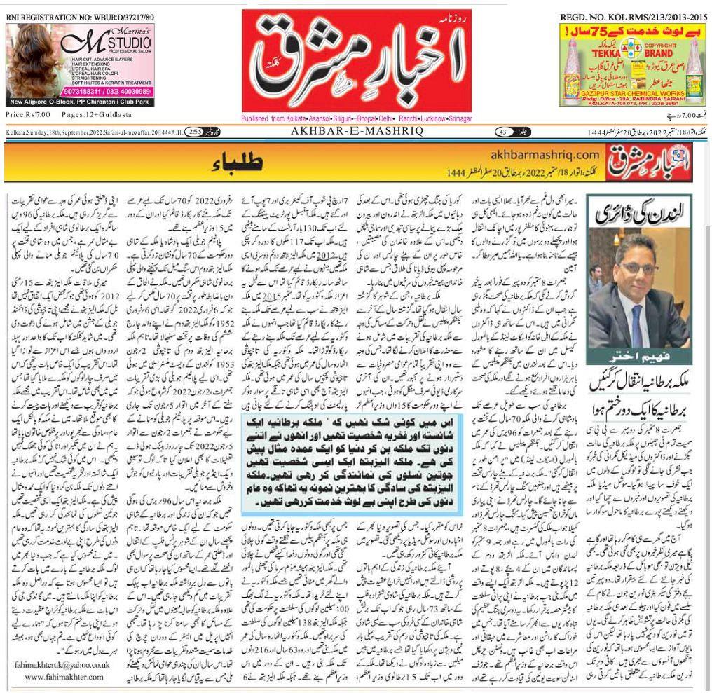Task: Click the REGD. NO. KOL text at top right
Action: tap(634, 16)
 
